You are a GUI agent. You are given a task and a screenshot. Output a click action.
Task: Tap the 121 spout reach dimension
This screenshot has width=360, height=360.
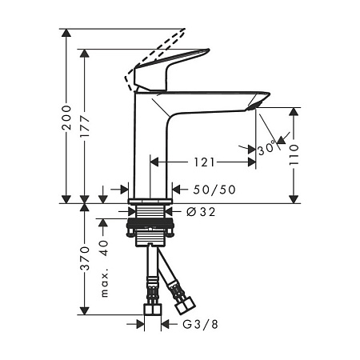204,162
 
